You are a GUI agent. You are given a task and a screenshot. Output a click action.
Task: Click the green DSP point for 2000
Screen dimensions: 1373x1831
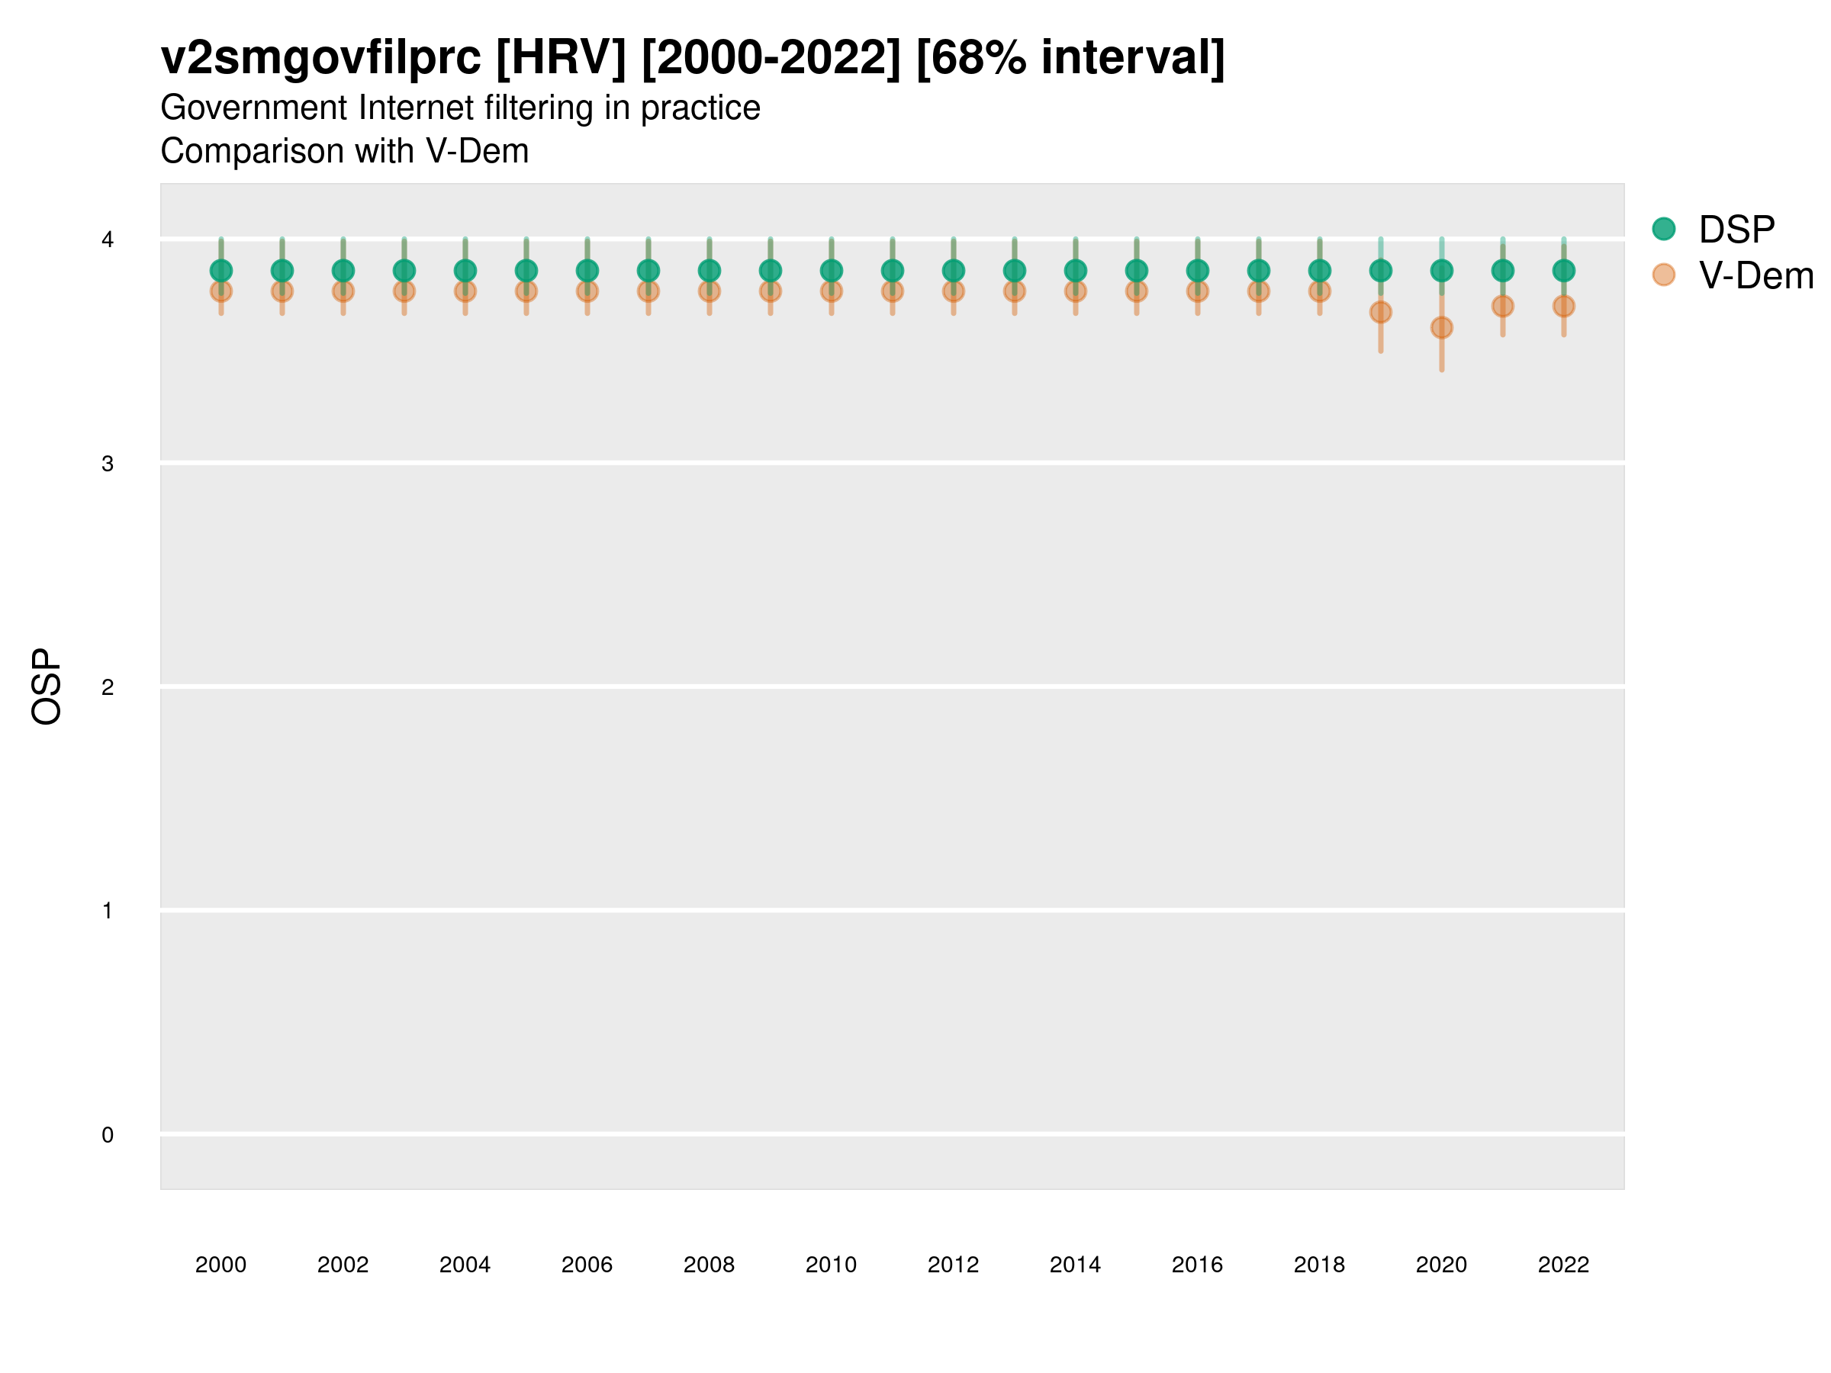tap(221, 271)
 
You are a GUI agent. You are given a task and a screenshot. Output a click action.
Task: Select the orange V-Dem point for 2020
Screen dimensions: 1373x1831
tap(1441, 328)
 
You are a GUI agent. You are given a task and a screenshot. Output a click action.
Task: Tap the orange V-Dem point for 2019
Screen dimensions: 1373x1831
tap(1380, 312)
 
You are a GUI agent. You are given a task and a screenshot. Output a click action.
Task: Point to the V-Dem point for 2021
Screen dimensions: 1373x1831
tap(1502, 306)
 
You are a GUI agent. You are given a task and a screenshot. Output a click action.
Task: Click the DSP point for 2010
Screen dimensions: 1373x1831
tap(831, 271)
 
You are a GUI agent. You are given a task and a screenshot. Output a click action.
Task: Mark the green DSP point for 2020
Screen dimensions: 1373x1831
tap(1441, 271)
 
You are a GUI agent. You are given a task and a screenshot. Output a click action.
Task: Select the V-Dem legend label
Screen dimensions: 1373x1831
tap(1755, 275)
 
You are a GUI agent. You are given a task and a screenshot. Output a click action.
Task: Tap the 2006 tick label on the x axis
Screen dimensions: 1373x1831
tap(587, 1265)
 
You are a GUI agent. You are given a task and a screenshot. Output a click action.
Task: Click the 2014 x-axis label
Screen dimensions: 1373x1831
tap(1074, 1265)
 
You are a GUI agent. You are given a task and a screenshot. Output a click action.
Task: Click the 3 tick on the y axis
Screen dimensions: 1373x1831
tap(108, 464)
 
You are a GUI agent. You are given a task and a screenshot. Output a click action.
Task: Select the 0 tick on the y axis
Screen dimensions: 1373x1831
tap(108, 1135)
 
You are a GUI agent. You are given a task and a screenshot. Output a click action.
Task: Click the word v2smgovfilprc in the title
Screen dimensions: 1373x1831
tap(320, 58)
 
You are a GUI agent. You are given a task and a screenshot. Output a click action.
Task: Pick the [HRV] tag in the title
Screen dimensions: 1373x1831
tap(561, 58)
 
